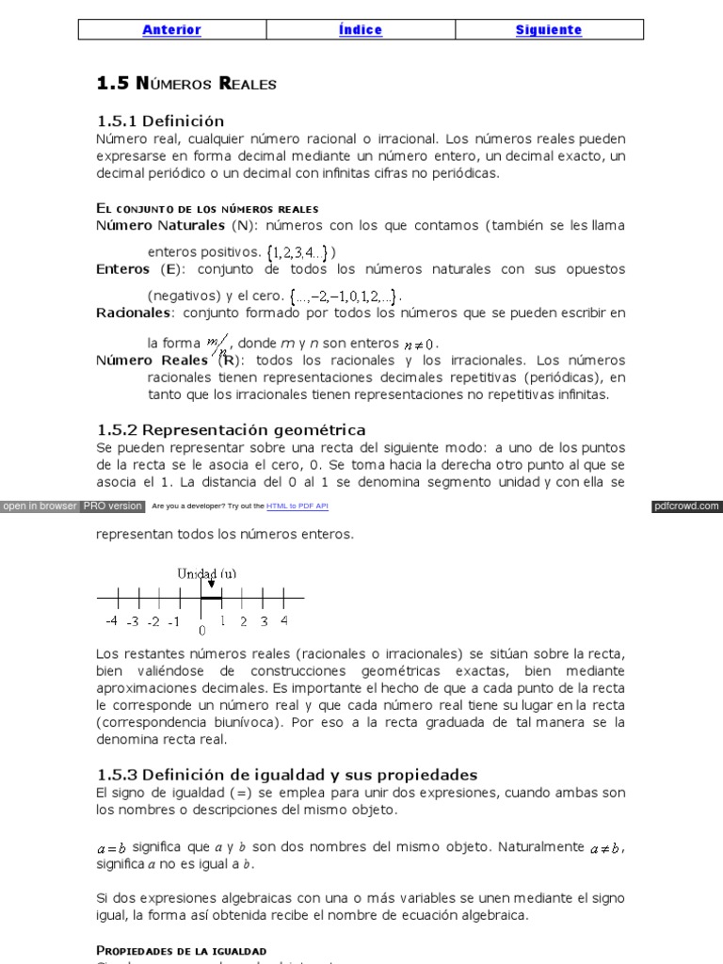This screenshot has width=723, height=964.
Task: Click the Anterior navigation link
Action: [x=171, y=30]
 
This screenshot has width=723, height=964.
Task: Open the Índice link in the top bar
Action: [x=360, y=30]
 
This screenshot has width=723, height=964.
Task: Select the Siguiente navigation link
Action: [x=549, y=30]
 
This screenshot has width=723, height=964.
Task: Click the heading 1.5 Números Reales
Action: [x=186, y=84]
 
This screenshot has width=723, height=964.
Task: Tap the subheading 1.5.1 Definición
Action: [x=161, y=121]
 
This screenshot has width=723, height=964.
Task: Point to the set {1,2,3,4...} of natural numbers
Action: [x=297, y=252]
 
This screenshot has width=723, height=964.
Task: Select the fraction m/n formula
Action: [x=219, y=345]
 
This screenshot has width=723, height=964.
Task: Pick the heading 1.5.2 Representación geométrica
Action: [x=231, y=430]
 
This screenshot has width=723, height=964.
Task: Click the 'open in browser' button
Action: [x=40, y=506]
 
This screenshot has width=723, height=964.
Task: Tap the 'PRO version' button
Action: [x=113, y=506]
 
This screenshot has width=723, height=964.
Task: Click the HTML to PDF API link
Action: [x=297, y=506]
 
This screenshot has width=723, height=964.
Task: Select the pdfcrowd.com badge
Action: [x=686, y=506]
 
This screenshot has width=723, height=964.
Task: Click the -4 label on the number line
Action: [x=111, y=621]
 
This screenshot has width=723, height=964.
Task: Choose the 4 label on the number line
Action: [x=284, y=620]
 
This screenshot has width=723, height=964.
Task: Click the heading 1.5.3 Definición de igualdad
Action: [x=287, y=775]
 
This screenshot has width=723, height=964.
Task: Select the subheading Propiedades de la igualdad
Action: [x=181, y=951]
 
